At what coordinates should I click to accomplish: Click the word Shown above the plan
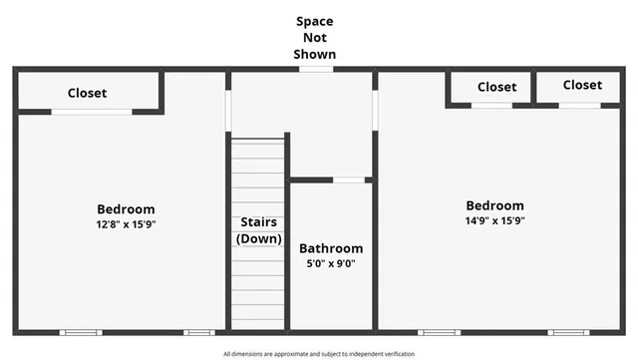[315, 54]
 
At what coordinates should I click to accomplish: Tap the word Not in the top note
[315, 37]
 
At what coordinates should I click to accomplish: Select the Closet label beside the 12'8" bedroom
[87, 93]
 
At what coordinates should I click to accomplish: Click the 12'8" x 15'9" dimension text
[126, 224]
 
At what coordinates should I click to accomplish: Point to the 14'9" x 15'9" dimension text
[494, 220]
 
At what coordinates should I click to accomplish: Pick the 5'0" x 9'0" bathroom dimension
[331, 264]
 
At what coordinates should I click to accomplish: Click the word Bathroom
[331, 248]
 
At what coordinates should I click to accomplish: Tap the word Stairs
[258, 222]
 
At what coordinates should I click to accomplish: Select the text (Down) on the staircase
[258, 238]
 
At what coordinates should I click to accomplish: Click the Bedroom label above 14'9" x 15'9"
[494, 205]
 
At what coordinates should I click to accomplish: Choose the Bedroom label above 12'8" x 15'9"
[126, 208]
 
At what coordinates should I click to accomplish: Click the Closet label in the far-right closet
[582, 86]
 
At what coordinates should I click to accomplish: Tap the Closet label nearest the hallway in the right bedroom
[496, 87]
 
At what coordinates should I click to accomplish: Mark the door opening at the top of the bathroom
[348, 180]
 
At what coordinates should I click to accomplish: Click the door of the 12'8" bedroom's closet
[92, 112]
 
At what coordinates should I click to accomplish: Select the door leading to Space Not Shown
[316, 69]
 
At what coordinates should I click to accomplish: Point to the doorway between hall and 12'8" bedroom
[228, 111]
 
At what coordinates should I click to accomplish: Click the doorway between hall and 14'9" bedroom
[375, 110]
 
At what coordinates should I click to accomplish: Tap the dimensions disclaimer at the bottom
[318, 353]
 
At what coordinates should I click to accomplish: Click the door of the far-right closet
[579, 105]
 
